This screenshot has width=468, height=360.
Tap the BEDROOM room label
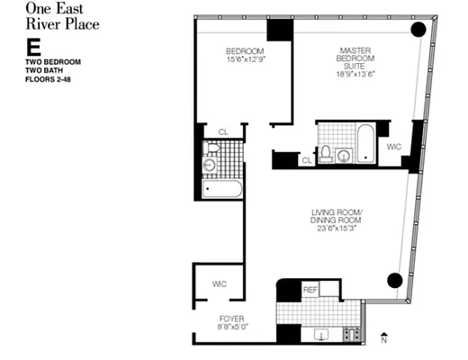coord(245,50)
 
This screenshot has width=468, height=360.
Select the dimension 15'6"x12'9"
coord(245,59)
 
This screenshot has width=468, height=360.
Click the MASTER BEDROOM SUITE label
coord(356,58)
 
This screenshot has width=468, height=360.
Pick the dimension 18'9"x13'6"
coord(356,76)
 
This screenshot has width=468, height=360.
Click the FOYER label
coord(231,319)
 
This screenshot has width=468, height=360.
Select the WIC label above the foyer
coord(220,284)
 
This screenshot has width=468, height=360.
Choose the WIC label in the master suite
coord(393,145)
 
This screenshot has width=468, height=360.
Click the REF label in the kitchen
coord(310,289)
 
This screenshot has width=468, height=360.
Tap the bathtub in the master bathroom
coord(365,143)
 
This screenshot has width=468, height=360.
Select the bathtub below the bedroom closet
coord(222,190)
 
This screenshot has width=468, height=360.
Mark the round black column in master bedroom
coord(418,29)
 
